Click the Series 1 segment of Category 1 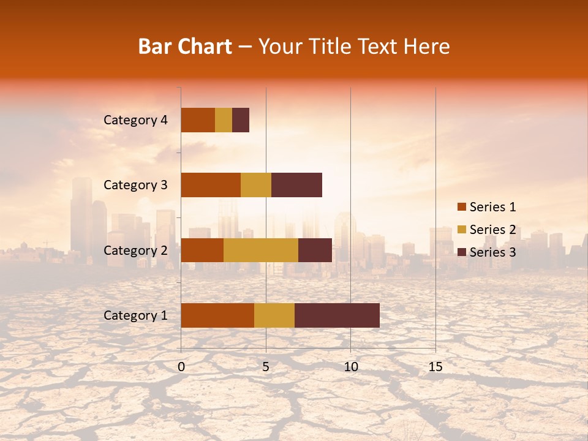(x=217, y=315)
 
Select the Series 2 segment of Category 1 (x=274, y=315)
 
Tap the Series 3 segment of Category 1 (x=337, y=315)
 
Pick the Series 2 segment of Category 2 (x=261, y=250)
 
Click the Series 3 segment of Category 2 (x=315, y=250)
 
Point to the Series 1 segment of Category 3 (x=211, y=185)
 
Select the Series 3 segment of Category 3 (x=296, y=185)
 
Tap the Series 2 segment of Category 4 (x=224, y=120)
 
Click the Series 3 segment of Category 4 (x=241, y=120)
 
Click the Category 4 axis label (x=135, y=120)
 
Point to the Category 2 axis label (x=135, y=250)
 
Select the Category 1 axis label (x=135, y=315)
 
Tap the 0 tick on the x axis (x=181, y=367)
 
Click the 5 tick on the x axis (x=266, y=367)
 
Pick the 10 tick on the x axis (x=350, y=367)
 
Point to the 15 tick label (x=435, y=367)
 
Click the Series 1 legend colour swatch (x=461, y=207)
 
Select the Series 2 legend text (x=492, y=230)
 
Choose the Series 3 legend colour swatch (x=461, y=252)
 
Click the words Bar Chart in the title (x=184, y=47)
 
